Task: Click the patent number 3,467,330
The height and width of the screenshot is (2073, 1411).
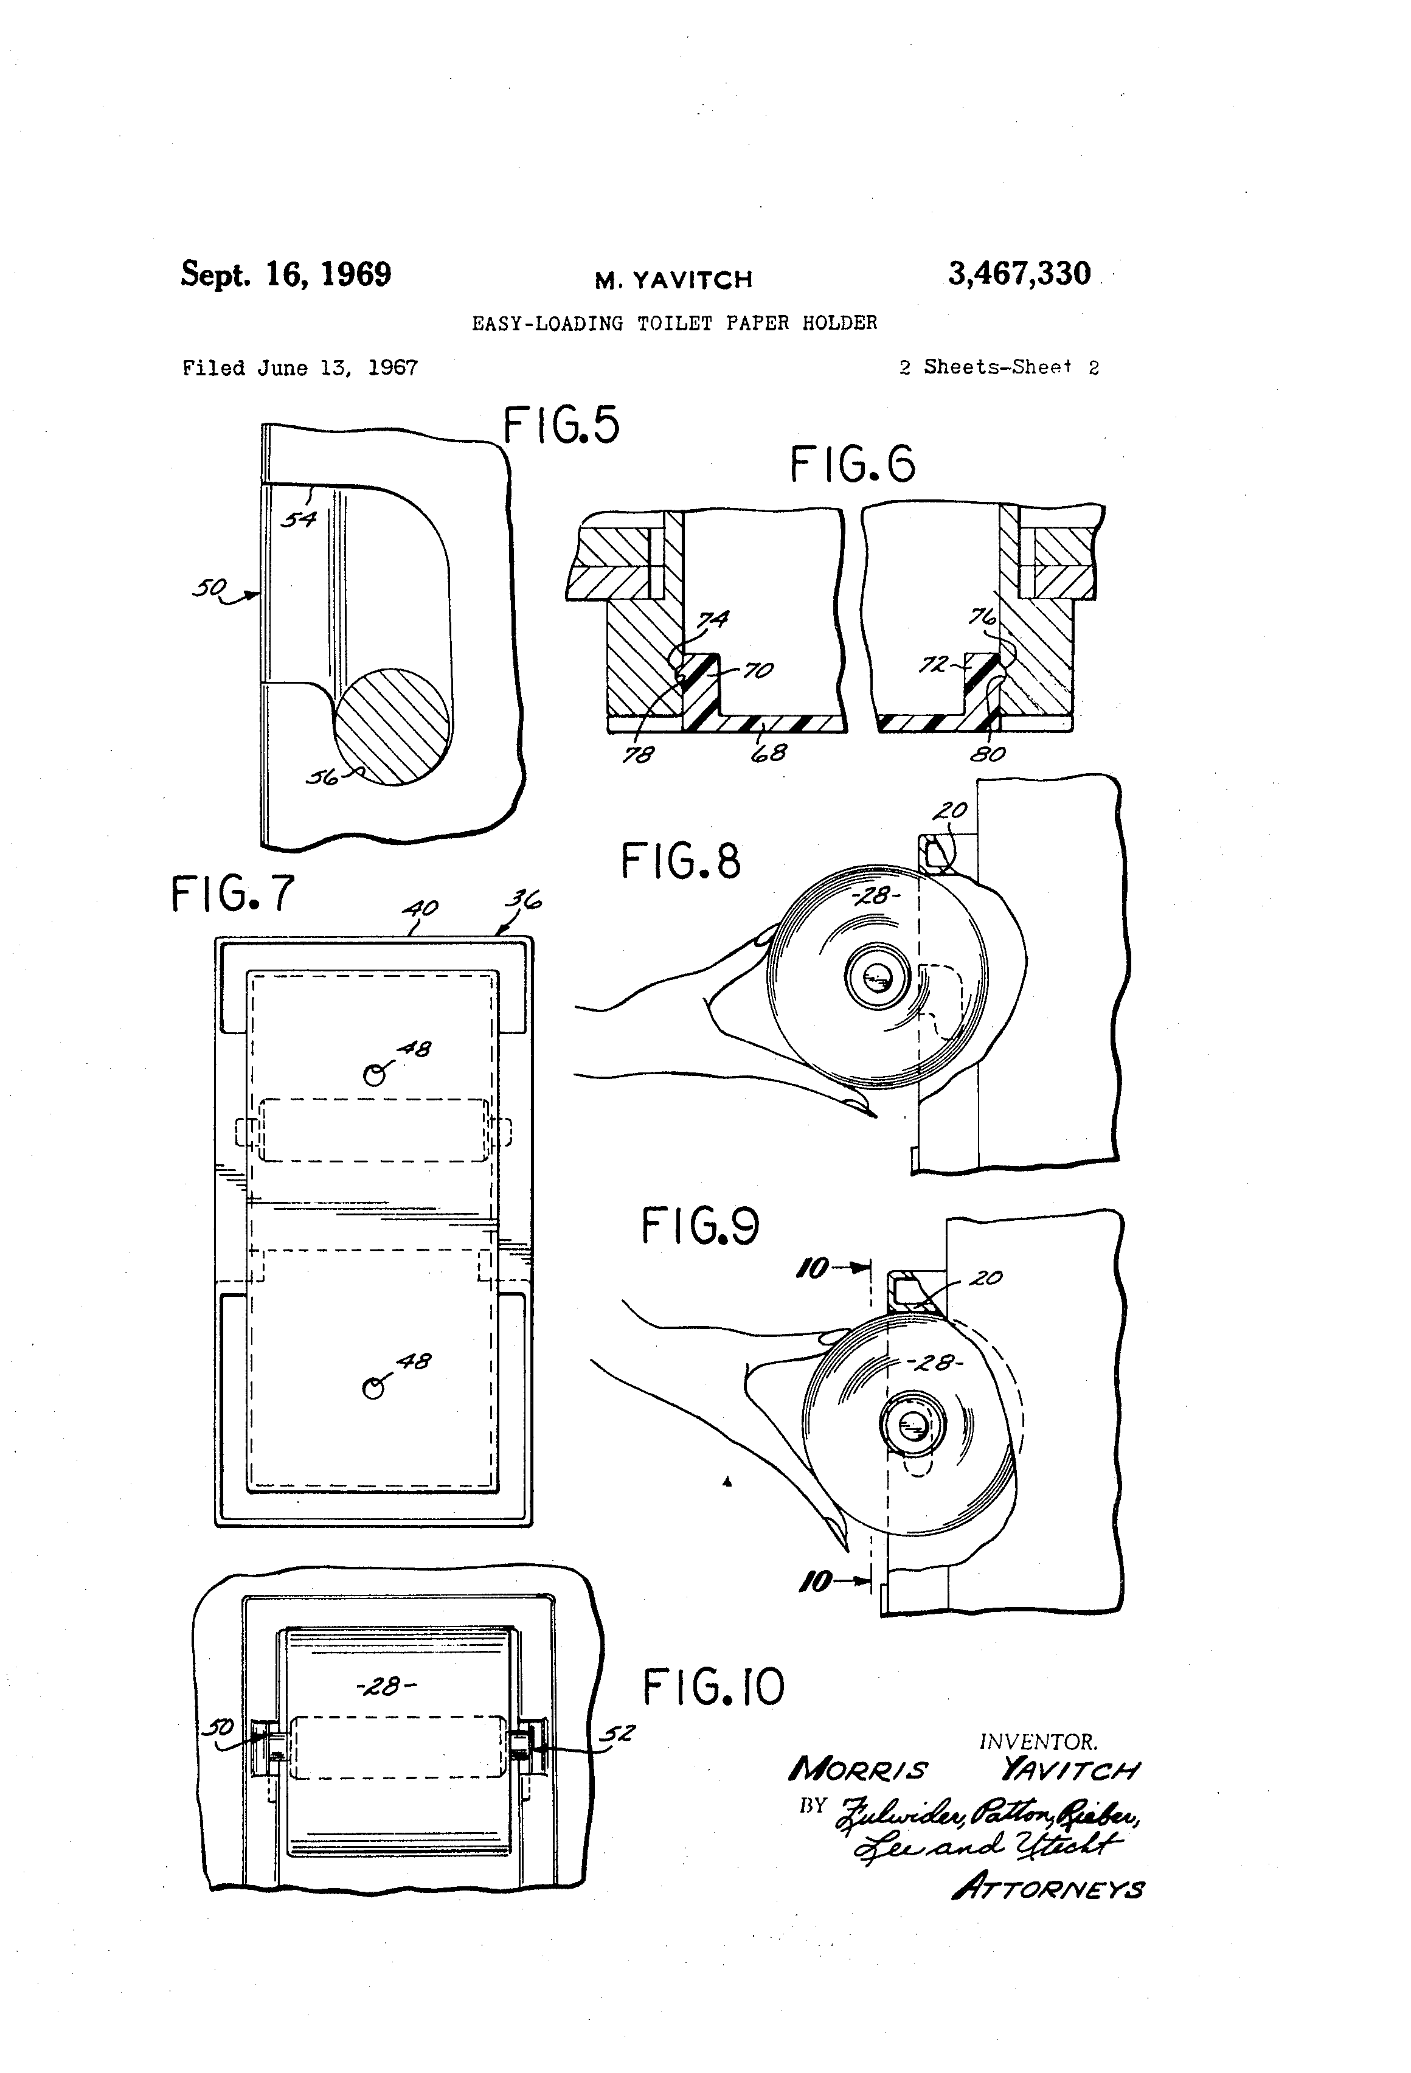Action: (x=1019, y=274)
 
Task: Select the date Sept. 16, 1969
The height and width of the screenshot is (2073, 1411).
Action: (x=285, y=274)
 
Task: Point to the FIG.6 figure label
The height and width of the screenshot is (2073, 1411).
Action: (x=852, y=465)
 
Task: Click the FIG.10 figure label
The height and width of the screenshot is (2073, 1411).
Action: (x=713, y=1689)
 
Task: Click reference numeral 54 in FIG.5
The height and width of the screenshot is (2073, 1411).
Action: (x=298, y=518)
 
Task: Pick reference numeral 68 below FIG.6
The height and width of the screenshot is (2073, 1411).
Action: (x=768, y=753)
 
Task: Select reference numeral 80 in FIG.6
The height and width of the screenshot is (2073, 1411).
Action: (x=987, y=755)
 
